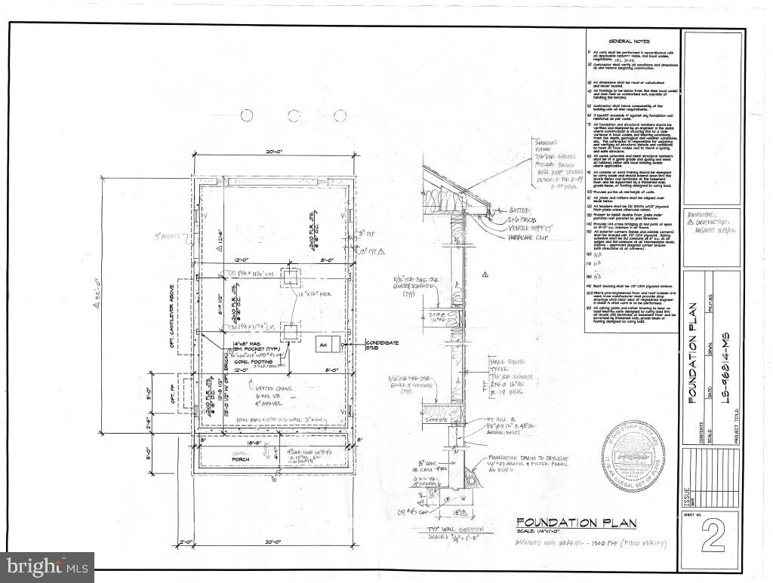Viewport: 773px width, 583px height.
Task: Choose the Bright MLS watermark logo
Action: coord(47,566)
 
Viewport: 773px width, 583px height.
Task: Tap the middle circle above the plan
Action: coord(294,115)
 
